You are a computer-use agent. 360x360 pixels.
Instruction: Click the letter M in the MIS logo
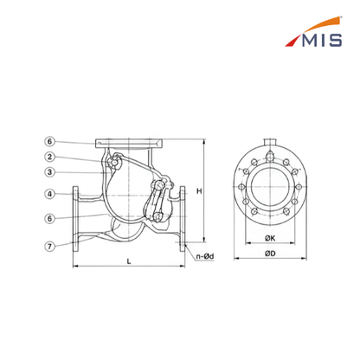(311, 40)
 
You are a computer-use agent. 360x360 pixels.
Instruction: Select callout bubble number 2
(50, 157)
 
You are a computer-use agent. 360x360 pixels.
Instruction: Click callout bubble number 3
(50, 172)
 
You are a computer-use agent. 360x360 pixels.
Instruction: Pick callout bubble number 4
(50, 194)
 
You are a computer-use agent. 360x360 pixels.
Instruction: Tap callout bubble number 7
(50, 247)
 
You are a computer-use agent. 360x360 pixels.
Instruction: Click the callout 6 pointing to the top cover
(50, 141)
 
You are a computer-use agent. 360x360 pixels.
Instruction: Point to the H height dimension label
(199, 191)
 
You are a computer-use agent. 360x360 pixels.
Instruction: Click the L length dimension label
(129, 261)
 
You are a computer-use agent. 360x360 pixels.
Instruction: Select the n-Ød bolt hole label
(205, 256)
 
